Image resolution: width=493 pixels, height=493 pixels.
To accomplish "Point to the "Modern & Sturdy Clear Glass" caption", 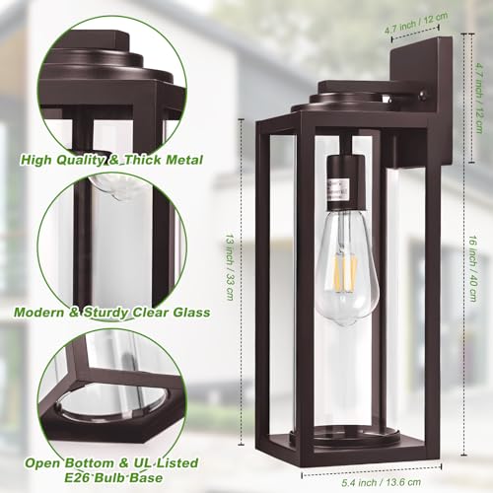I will tap(112, 313).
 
